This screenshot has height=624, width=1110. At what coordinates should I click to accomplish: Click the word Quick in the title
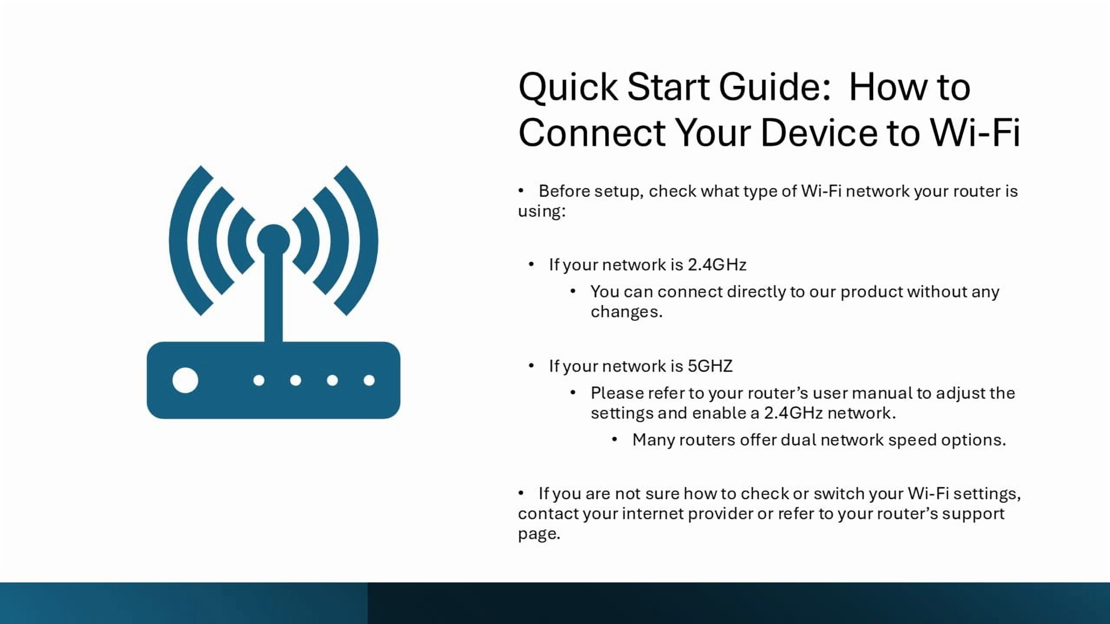[568, 88]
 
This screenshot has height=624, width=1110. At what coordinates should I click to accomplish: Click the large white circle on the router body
[185, 380]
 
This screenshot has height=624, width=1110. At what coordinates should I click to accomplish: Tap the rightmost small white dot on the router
[369, 380]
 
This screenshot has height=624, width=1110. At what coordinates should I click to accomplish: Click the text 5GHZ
[710, 366]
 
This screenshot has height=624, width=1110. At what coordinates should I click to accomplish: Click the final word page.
[539, 534]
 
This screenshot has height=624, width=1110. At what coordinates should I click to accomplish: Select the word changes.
[627, 312]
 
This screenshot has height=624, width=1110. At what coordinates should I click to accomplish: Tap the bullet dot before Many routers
[614, 440]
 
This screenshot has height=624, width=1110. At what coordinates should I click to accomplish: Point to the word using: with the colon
[542, 212]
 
